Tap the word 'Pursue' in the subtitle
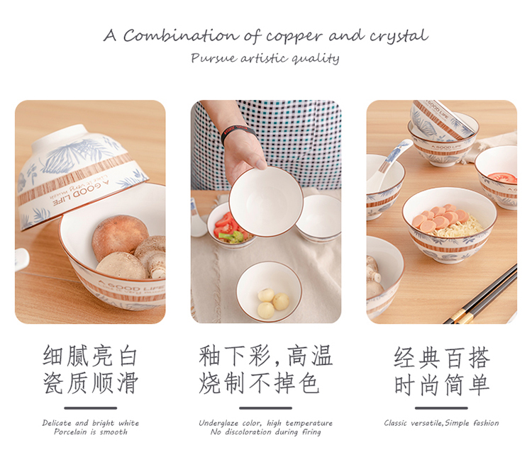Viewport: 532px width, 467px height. (214, 58)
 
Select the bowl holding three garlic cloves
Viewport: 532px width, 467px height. (269, 291)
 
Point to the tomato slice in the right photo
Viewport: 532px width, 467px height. (502, 178)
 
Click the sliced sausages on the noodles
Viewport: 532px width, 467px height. (440, 217)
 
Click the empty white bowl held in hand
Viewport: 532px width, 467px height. (266, 201)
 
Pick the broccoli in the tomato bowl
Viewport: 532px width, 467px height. (231, 237)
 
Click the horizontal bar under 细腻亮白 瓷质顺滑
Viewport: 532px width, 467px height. (91, 408)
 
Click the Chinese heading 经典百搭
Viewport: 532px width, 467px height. (441, 358)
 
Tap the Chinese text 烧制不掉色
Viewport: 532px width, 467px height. (259, 383)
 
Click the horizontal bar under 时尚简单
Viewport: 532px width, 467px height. (441, 408)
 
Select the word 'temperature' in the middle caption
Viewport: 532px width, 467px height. (309, 424)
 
